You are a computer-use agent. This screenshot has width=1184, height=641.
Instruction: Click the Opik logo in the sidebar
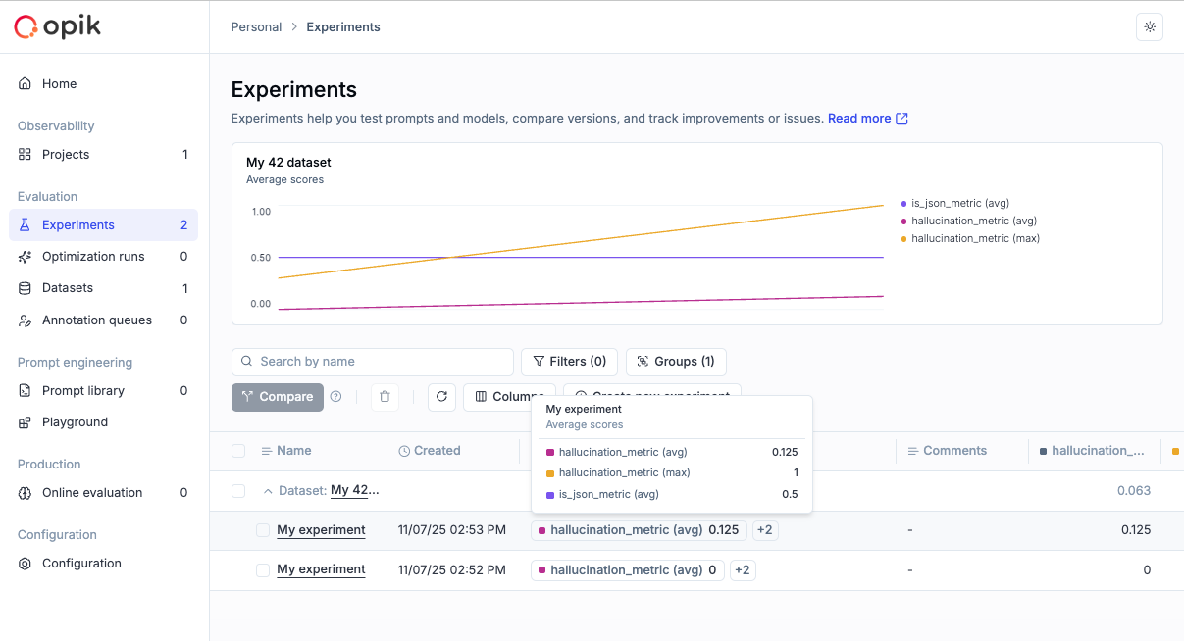(x=57, y=26)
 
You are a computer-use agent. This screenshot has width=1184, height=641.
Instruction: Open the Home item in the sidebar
(x=59, y=84)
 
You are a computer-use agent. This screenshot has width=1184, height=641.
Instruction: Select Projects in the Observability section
(x=66, y=155)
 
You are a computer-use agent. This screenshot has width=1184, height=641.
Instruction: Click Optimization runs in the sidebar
(x=93, y=257)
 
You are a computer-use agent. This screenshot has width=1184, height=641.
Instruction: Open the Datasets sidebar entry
(x=68, y=288)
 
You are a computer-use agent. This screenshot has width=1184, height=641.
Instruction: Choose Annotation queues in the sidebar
(x=96, y=320)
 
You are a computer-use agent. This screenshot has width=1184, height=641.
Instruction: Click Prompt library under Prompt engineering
(x=82, y=391)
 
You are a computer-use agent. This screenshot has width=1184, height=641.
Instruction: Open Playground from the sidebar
(x=75, y=422)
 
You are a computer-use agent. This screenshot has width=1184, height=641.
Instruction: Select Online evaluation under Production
(x=91, y=493)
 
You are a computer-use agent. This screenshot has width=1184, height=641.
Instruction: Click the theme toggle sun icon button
(x=1149, y=27)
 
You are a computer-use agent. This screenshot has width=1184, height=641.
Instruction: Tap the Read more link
(x=867, y=119)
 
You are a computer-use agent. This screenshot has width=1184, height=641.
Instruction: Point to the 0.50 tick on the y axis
(x=260, y=258)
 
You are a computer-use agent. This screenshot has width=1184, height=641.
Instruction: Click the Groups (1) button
(x=676, y=362)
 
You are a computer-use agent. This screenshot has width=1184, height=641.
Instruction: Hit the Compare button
(x=278, y=397)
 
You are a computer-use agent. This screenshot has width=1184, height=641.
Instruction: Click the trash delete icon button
(x=385, y=397)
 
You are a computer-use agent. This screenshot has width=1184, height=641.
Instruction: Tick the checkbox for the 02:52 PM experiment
(x=263, y=569)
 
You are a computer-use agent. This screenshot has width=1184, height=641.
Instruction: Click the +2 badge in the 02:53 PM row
(x=765, y=530)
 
